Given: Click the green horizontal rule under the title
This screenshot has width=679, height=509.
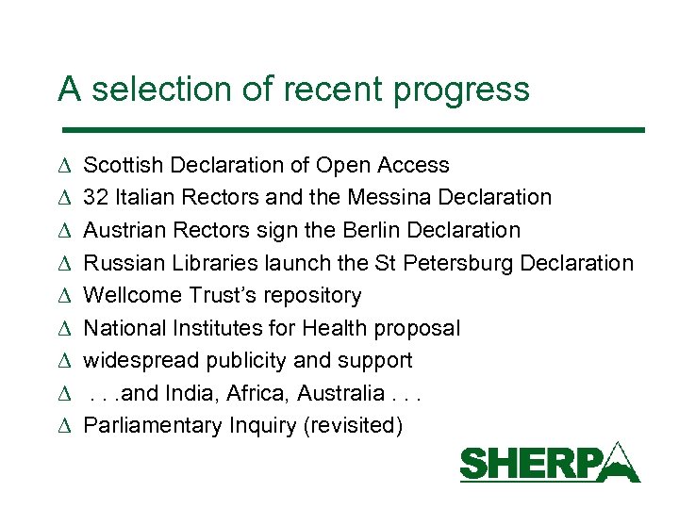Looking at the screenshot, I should point(351,129).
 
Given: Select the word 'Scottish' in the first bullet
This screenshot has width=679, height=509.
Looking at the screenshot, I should point(118,165).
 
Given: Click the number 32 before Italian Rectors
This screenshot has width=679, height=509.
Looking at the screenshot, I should point(95,198).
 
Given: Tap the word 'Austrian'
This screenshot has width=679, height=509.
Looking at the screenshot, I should point(119,230).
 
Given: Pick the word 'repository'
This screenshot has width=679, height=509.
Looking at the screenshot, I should point(316,296).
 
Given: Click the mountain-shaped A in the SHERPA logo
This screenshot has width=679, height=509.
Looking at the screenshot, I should point(619,463).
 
